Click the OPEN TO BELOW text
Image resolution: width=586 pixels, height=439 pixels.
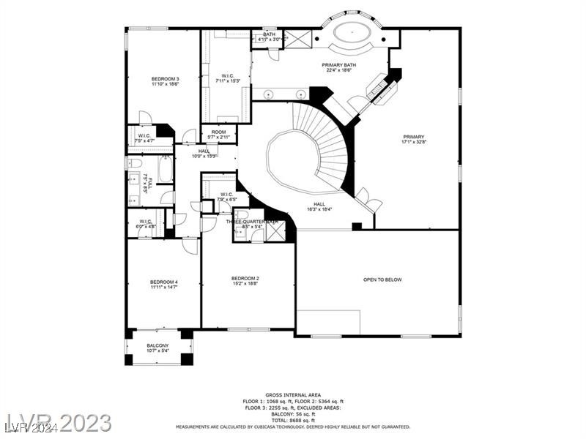point(382,279)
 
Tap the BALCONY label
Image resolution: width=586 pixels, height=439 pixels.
point(157,345)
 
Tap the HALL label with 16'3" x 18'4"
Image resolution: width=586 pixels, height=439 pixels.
point(319,206)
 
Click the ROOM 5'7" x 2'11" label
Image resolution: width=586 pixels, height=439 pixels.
point(219,134)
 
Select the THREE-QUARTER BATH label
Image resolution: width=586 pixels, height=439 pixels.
point(251,221)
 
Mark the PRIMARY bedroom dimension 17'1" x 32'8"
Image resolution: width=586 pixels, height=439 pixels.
point(413,143)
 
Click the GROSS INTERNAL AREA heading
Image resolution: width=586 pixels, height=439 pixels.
point(292,395)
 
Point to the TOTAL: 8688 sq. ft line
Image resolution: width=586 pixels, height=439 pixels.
point(292,420)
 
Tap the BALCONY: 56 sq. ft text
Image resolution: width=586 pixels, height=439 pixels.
point(292,414)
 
